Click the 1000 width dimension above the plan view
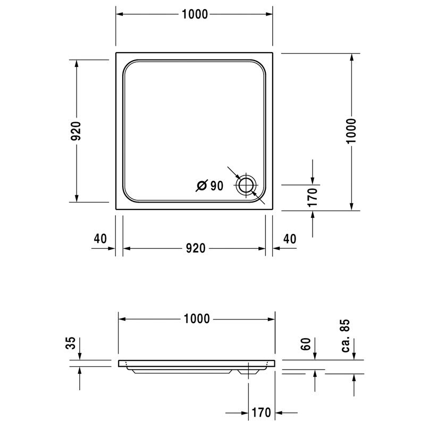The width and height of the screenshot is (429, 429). pos(195,14)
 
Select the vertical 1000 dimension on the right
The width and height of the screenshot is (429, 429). pos(351,131)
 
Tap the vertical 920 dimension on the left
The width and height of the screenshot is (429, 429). pos(76,131)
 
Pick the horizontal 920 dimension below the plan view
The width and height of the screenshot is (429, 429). pos(195,248)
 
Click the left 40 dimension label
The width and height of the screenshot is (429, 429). pos(100,239)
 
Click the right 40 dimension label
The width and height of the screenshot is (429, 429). pos(290,239)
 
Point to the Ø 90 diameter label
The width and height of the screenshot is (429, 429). pos(210,186)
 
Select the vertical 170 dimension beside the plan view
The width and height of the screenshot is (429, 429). pos(313,197)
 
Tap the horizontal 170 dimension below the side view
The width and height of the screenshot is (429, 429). pos(261,413)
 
